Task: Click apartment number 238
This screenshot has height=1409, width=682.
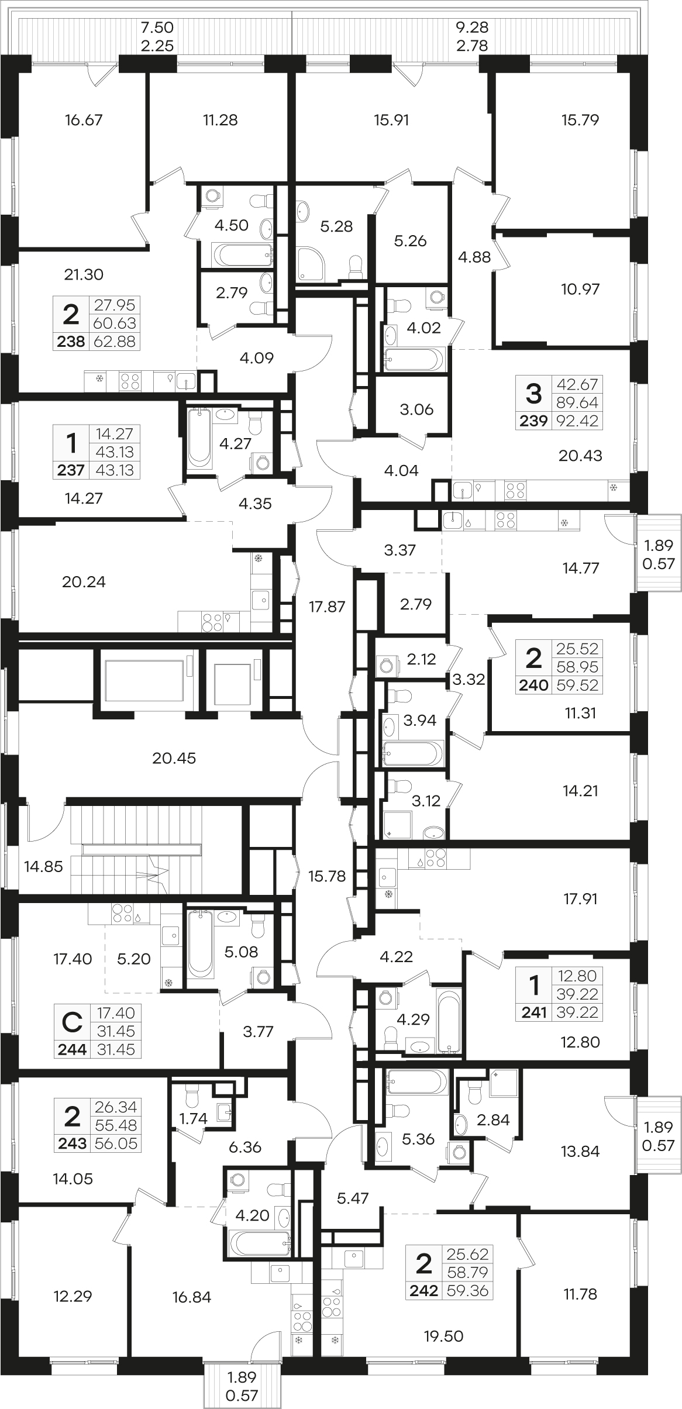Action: [71, 342]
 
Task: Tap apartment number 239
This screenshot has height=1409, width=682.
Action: [534, 421]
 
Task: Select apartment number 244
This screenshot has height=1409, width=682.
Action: [72, 1049]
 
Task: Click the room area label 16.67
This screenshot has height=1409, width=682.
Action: [84, 120]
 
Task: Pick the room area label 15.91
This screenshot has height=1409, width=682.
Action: [391, 120]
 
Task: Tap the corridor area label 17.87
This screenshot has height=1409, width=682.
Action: [328, 607]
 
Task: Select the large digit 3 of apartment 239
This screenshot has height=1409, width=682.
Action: [534, 394]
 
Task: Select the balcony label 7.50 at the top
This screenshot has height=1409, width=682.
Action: [158, 27]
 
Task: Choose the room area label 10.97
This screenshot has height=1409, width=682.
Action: [580, 289]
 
